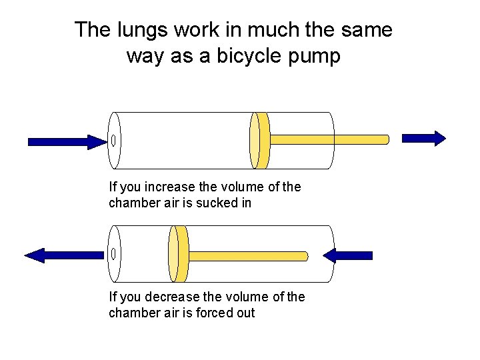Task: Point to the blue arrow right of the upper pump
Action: (x=424, y=138)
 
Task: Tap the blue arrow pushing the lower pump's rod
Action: (x=347, y=255)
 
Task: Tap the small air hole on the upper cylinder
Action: (x=114, y=141)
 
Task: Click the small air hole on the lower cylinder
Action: (x=114, y=254)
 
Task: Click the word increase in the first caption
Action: (x=167, y=187)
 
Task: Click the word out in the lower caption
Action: (x=245, y=313)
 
